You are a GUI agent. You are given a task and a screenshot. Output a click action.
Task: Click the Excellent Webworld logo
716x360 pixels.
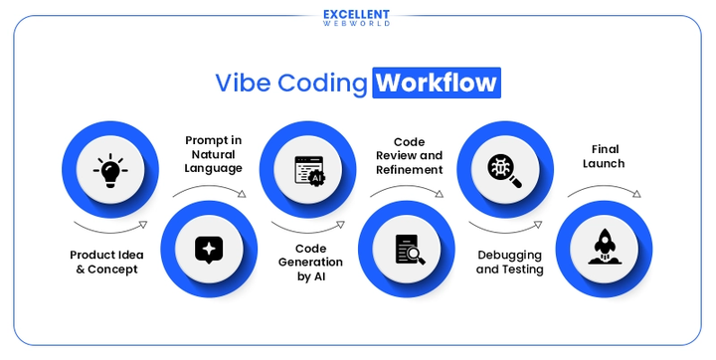coord(357,17)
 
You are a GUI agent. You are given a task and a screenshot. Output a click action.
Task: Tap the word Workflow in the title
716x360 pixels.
coord(437,82)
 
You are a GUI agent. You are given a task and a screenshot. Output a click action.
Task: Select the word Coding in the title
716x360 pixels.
coord(321,82)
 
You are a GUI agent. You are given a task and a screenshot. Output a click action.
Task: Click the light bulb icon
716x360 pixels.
coord(109,170)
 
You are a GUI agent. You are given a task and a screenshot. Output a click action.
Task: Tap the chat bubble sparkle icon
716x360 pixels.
coord(208,249)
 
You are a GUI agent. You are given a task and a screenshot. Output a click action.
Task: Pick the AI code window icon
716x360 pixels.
coord(306,170)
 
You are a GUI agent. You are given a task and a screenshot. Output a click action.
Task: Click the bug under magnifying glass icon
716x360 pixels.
coord(503,170)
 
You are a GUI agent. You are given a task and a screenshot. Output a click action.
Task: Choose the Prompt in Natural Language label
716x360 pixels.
coord(214,154)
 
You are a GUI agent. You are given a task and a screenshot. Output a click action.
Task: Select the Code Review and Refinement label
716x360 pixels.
coord(409,156)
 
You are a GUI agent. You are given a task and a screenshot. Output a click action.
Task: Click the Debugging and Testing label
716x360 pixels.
coord(509,263)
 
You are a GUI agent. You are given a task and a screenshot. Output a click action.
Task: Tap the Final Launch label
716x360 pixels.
coord(603,156)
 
